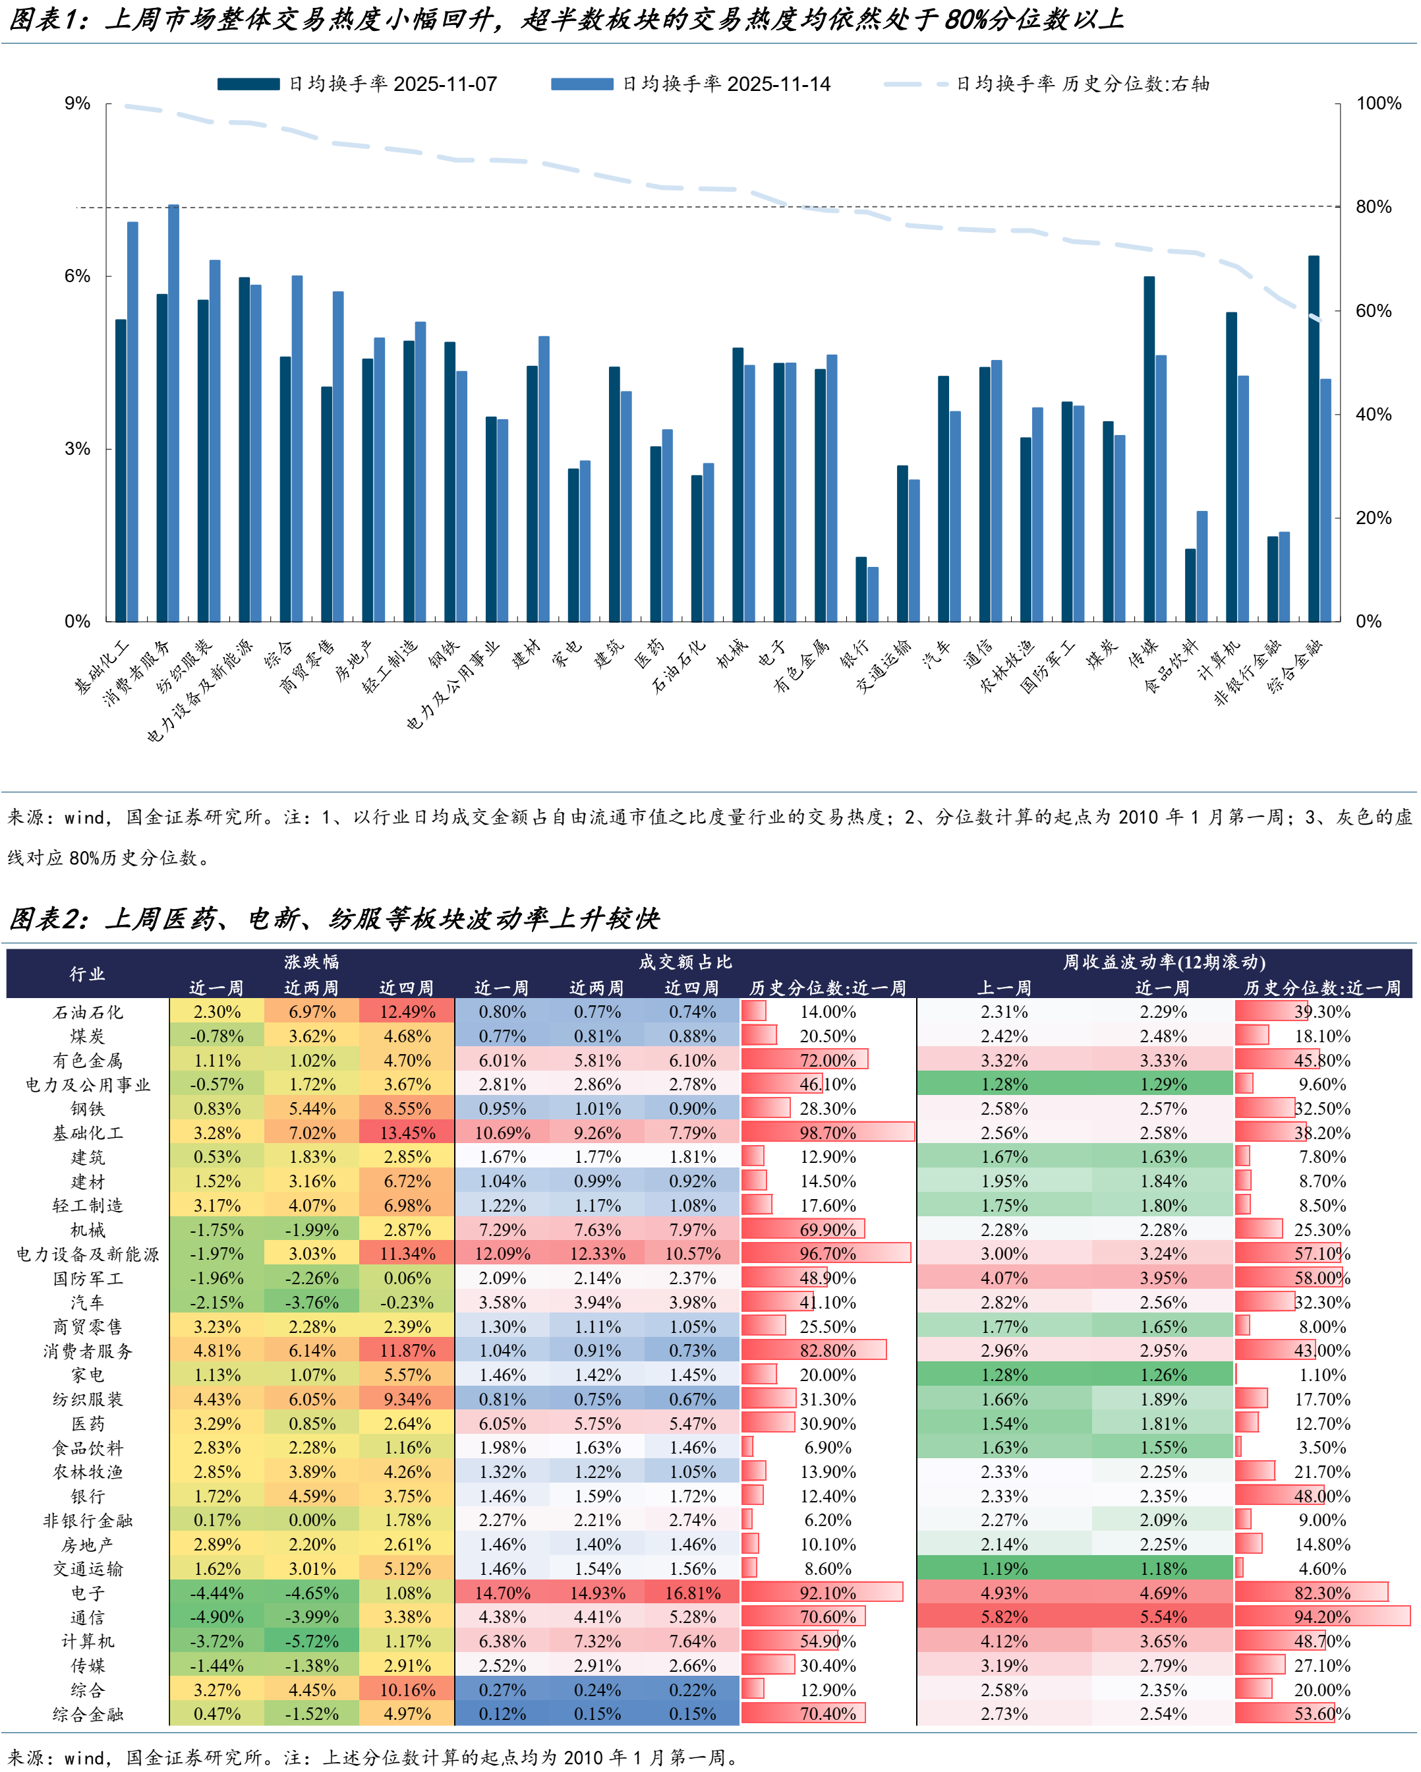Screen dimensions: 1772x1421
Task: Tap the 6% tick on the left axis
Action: coord(77,276)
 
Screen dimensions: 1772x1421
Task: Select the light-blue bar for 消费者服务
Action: coord(173,413)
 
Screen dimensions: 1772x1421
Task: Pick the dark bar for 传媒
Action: coord(1149,449)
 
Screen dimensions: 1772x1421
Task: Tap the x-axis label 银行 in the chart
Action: coord(855,654)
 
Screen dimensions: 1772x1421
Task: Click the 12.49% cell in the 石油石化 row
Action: coord(407,1012)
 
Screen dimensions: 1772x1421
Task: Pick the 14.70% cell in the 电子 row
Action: coord(502,1593)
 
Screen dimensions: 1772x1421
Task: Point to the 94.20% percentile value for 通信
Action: coord(1321,1616)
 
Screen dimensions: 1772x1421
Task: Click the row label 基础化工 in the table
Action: coord(87,1133)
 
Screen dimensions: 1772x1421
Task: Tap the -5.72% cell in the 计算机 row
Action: coord(312,1641)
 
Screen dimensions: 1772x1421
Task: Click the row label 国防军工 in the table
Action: coord(87,1278)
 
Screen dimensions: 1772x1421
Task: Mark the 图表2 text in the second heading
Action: coord(47,918)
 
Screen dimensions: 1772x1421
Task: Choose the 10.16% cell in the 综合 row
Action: coord(407,1690)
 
